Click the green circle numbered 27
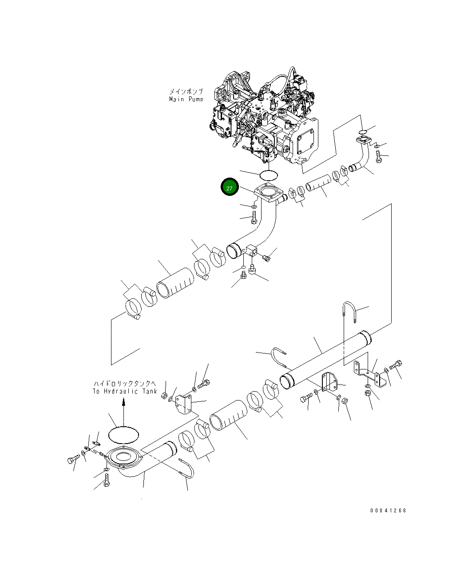(230, 188)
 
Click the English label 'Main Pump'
(186, 99)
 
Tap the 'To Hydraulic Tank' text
(125, 391)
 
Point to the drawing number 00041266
(388, 511)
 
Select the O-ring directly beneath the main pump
(268, 174)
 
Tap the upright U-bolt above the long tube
(350, 312)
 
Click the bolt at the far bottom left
(72, 460)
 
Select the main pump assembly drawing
(266, 120)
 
